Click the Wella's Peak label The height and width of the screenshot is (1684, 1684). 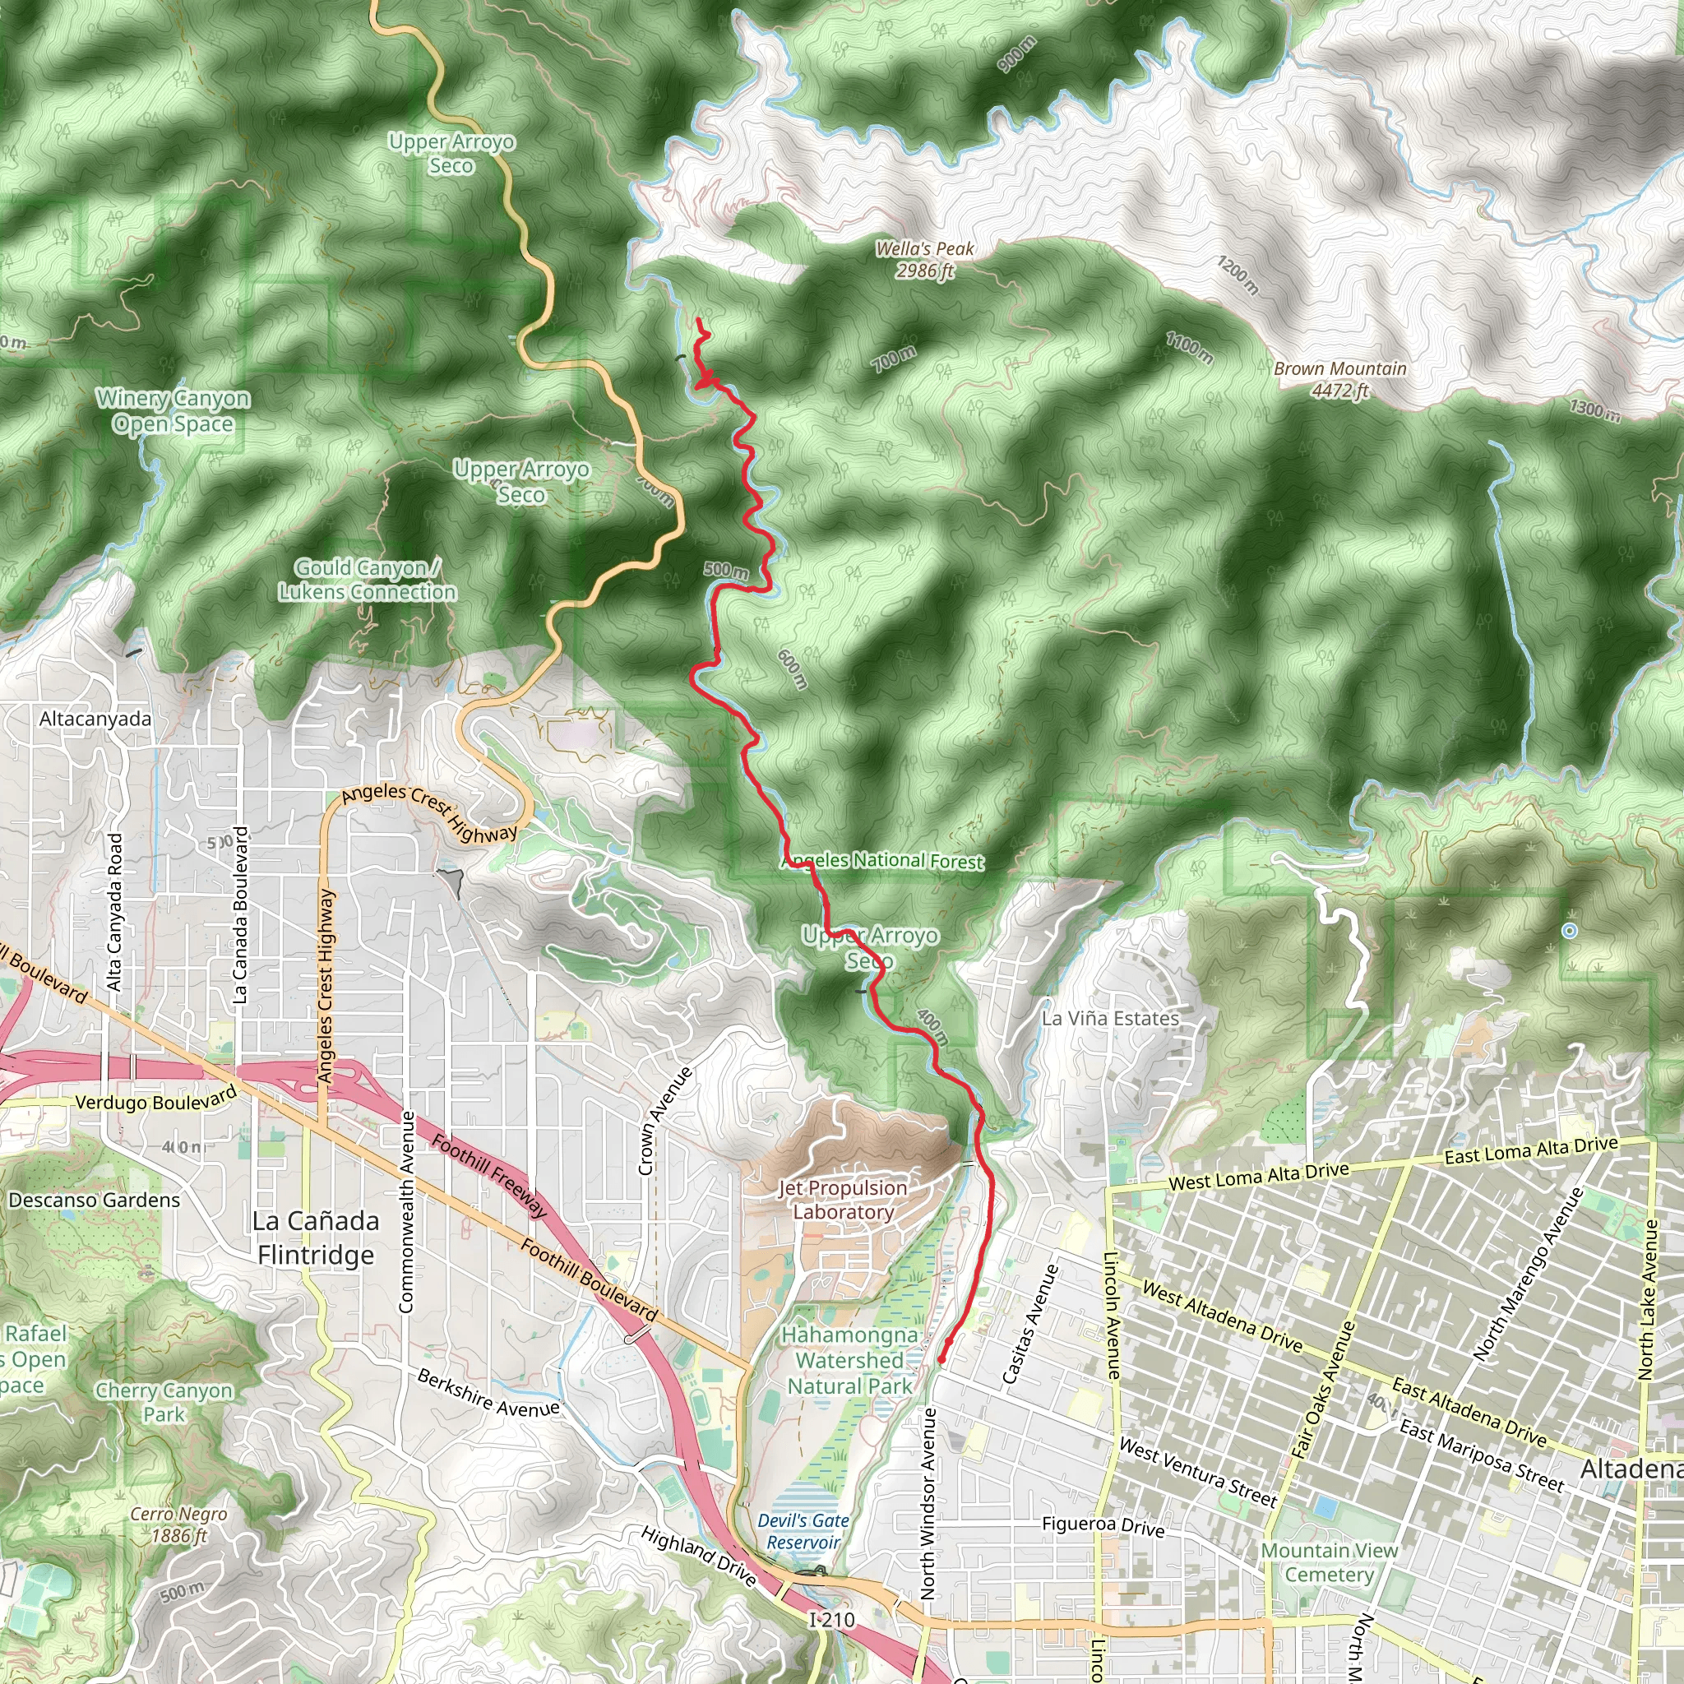point(925,260)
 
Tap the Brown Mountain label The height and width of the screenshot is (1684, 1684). point(1339,379)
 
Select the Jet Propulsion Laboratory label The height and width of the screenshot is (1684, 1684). point(843,1200)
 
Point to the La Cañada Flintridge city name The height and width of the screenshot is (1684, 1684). point(316,1238)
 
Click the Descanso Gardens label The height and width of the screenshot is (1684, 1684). point(94,1201)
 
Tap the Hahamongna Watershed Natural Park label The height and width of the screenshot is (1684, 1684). point(850,1360)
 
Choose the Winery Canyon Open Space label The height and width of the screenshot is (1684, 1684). point(173,410)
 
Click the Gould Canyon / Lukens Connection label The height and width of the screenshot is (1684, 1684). point(368,580)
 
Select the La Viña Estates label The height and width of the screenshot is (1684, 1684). point(1110,1018)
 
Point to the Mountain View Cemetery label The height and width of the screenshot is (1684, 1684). point(1330,1563)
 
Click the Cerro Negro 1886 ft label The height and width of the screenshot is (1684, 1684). point(178,1524)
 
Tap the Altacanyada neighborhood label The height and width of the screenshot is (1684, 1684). point(95,719)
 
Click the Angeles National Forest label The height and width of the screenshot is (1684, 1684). point(884,860)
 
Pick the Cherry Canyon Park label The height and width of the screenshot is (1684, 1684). point(164,1402)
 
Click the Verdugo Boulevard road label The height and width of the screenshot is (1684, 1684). point(156,1101)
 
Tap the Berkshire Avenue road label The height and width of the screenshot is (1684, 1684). point(488,1393)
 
